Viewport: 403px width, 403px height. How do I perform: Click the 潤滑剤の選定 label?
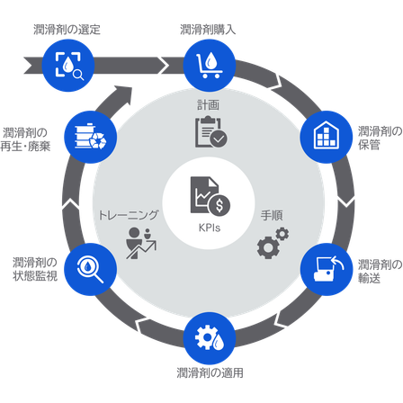pyautogui.click(x=67, y=30)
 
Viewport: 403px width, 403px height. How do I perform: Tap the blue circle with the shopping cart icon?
pyautogui.click(x=210, y=66)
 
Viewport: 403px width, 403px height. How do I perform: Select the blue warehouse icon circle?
pyautogui.click(x=327, y=137)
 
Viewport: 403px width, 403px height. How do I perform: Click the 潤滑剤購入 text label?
pyautogui.click(x=208, y=30)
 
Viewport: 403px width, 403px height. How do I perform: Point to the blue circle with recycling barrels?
pyautogui.click(x=91, y=137)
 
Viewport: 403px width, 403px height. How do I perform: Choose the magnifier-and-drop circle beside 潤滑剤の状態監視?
pyautogui.click(x=91, y=269)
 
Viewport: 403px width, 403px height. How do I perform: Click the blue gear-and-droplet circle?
pyautogui.click(x=210, y=338)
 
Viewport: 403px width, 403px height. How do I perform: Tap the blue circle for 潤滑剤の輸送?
pyautogui.click(x=327, y=269)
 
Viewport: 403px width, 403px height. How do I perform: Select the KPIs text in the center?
pyautogui.click(x=210, y=228)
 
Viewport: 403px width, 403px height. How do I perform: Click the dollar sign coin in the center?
pyautogui.click(x=219, y=206)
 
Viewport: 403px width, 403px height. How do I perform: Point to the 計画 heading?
pyautogui.click(x=208, y=105)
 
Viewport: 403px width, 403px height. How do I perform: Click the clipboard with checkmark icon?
pyautogui.click(x=211, y=132)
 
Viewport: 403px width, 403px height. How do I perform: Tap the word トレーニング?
pyautogui.click(x=129, y=215)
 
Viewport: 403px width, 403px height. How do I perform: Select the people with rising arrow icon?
pyautogui.click(x=141, y=243)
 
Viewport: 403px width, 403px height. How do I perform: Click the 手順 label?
pyautogui.click(x=272, y=216)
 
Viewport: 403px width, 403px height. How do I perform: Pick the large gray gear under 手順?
pyautogui.click(x=268, y=247)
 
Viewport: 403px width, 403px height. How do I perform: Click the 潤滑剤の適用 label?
pyautogui.click(x=210, y=373)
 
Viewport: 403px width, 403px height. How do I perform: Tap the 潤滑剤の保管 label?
pyautogui.click(x=380, y=138)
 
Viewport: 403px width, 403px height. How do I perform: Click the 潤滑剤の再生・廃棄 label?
pyautogui.click(x=25, y=139)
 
